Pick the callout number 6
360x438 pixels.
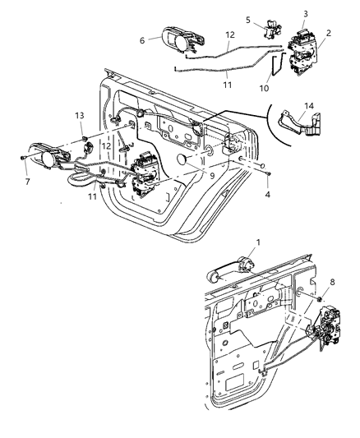142,39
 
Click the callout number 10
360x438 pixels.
265,87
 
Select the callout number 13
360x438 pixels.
80,114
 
